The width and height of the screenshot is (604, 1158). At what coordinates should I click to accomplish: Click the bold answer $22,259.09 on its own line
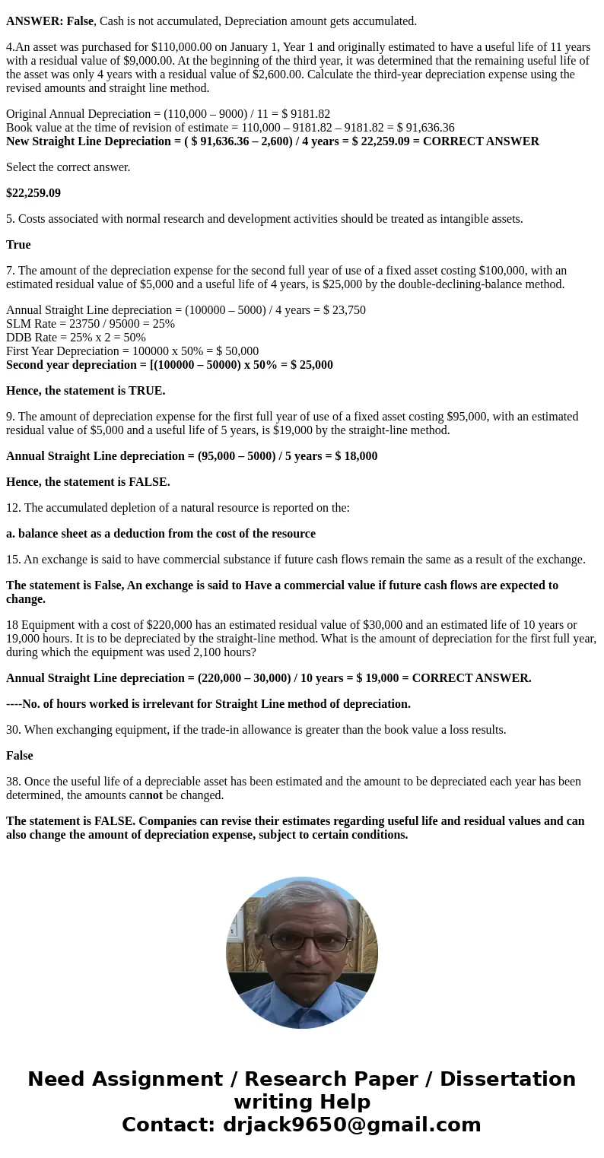[x=33, y=193]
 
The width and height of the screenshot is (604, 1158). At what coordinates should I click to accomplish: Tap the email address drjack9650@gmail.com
[x=351, y=1125]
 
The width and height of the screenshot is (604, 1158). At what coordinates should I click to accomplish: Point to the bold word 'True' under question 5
[x=18, y=245]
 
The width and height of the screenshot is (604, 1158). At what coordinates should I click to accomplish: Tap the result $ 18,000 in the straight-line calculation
[x=356, y=456]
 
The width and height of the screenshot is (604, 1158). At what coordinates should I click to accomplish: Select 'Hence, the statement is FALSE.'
[x=88, y=482]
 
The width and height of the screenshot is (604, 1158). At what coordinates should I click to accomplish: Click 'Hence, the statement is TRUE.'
[x=85, y=391]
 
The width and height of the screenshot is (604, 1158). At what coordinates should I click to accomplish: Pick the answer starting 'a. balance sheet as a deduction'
[x=161, y=534]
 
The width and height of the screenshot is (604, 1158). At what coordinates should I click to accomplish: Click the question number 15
[x=13, y=560]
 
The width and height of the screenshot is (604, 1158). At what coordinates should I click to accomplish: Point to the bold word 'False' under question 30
[x=20, y=756]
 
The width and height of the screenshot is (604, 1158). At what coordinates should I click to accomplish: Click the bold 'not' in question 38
[x=154, y=795]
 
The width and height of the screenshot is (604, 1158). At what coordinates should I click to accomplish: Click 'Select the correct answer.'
[x=68, y=167]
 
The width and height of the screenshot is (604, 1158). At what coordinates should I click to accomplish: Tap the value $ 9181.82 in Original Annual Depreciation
[x=306, y=114]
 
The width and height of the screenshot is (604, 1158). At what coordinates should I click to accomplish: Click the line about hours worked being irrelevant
[x=208, y=704]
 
